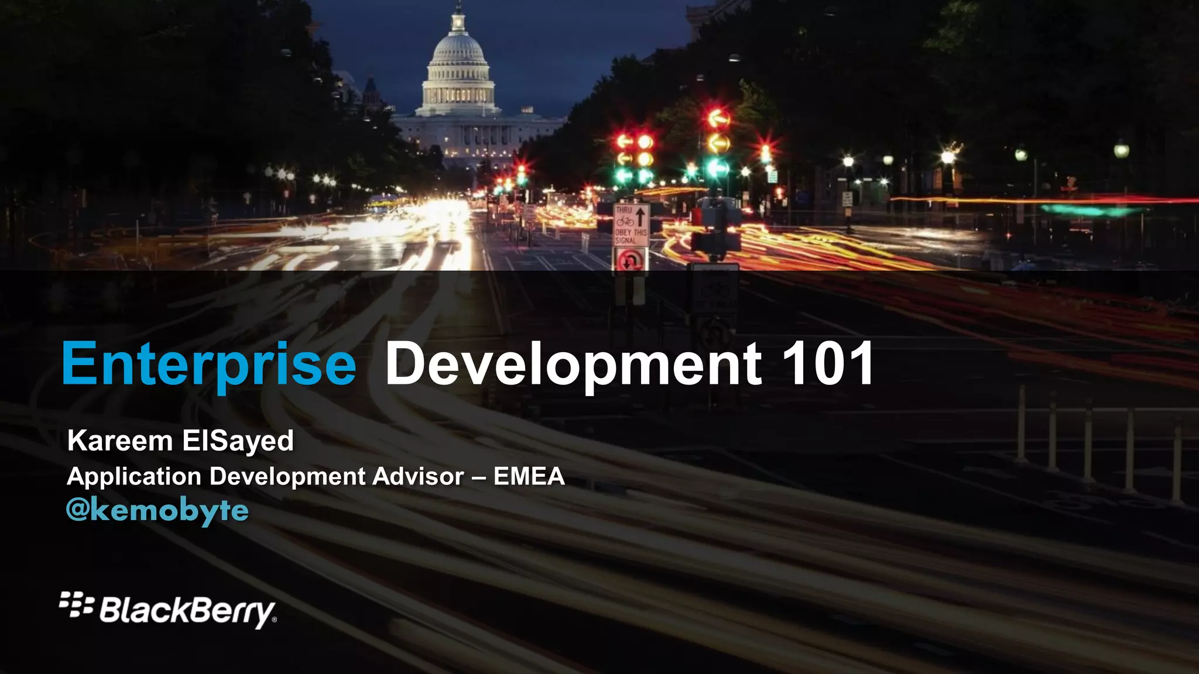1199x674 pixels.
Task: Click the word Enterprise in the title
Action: (x=208, y=364)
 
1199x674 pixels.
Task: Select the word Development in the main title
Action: (x=573, y=364)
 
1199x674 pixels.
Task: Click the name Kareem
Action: (x=120, y=441)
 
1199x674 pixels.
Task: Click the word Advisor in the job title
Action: (x=418, y=476)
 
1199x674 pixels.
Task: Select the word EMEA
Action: (x=529, y=476)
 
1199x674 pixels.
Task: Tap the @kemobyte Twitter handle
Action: (x=157, y=510)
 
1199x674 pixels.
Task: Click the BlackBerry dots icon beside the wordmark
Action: (x=76, y=604)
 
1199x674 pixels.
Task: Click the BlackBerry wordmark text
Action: (x=186, y=610)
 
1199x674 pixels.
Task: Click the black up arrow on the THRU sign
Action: (x=640, y=216)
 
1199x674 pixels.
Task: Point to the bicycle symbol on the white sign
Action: (x=625, y=222)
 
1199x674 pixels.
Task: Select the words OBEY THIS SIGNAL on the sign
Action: (x=631, y=236)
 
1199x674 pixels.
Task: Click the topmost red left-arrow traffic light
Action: (x=717, y=119)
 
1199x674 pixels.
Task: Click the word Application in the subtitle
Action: (x=134, y=476)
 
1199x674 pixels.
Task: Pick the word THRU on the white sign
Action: (x=624, y=209)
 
